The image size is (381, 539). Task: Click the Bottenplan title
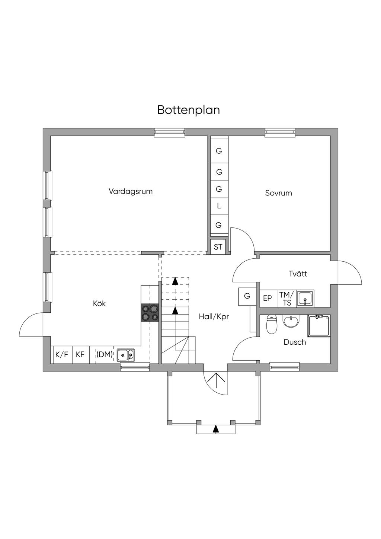tap(188, 110)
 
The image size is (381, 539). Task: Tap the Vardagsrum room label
tap(131, 191)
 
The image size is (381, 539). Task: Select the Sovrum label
tap(278, 193)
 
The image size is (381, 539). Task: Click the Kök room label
tap(99, 303)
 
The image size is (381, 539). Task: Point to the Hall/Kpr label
tap(214, 317)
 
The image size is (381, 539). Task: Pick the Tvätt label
tap(298, 274)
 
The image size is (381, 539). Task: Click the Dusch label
tap(295, 342)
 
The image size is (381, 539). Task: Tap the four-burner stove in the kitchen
tap(150, 313)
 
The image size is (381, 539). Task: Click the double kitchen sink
tap(126, 355)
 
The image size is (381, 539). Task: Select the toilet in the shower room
tap(272, 325)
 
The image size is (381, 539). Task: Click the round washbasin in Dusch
tap(291, 321)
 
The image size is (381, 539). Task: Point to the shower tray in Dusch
tap(319, 326)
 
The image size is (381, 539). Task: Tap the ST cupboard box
tap(218, 247)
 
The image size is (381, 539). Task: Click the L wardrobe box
tap(219, 205)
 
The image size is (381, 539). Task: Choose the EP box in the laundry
tap(268, 298)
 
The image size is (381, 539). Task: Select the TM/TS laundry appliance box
tap(287, 299)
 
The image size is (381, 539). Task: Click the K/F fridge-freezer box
tap(62, 354)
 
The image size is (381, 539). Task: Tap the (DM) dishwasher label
tap(105, 354)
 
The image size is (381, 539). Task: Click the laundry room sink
tap(305, 298)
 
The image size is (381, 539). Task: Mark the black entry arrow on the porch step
tap(216, 429)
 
